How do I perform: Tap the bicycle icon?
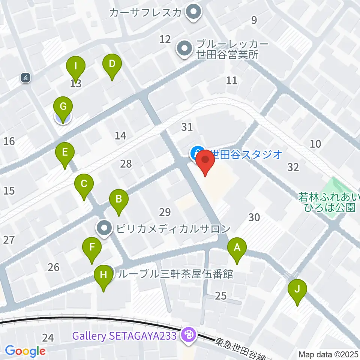[x=26, y=78]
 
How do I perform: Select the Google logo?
[x=25, y=351]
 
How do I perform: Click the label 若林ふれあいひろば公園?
[x=327, y=202]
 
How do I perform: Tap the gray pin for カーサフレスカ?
[x=193, y=13]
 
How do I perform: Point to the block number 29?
[x=165, y=213]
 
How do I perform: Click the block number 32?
[x=293, y=167]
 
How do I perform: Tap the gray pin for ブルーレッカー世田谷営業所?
[x=184, y=49]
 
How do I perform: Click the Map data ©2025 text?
[x=328, y=354]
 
